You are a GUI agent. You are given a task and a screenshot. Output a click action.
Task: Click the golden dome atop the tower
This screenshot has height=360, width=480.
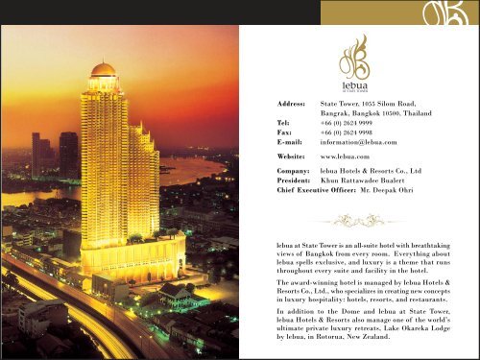(104, 69)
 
